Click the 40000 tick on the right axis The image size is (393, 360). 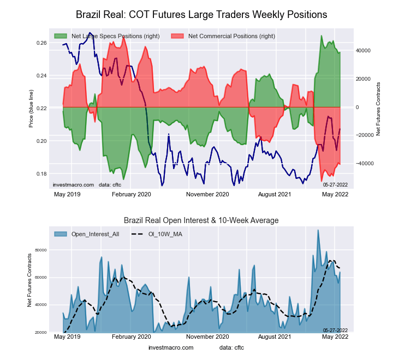tap(364, 50)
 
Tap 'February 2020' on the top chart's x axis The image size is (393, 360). tap(131, 194)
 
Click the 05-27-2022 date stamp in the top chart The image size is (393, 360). tap(335, 185)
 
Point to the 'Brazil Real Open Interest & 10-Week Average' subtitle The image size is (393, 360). tap(201, 220)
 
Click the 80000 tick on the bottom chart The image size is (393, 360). tap(41, 250)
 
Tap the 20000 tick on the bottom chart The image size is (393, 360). tap(41, 332)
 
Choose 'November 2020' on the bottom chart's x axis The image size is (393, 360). tap(207, 338)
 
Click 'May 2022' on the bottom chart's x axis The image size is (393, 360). tap(335, 338)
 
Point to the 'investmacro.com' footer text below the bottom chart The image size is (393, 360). tap(171, 347)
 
